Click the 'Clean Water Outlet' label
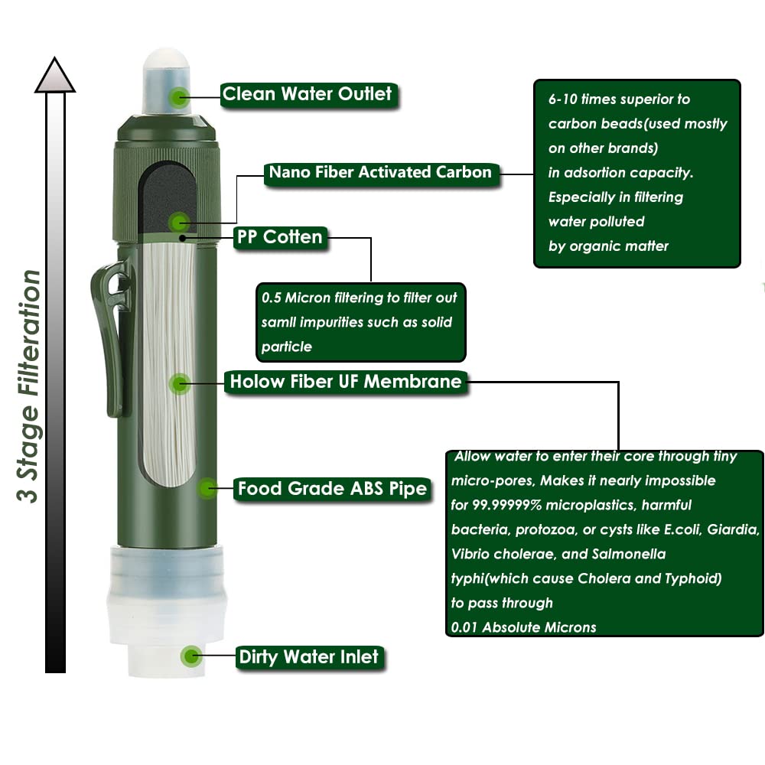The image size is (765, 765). point(308,94)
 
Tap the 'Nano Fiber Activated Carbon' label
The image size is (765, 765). point(381,173)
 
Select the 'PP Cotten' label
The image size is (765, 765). point(280,238)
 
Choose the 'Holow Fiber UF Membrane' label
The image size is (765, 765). point(346,382)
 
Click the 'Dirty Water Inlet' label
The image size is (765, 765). point(309,657)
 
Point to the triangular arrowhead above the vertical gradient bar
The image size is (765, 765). point(54,74)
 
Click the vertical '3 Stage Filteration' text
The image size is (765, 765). point(29,386)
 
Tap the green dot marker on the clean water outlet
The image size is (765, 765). point(180,98)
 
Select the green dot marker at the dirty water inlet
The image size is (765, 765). point(191,656)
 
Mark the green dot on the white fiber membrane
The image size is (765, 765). point(180,384)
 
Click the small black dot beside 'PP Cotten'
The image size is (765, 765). point(183,238)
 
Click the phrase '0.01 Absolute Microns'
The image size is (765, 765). point(523,627)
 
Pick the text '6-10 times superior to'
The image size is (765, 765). point(619,99)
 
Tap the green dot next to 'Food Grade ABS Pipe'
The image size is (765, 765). point(207,488)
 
